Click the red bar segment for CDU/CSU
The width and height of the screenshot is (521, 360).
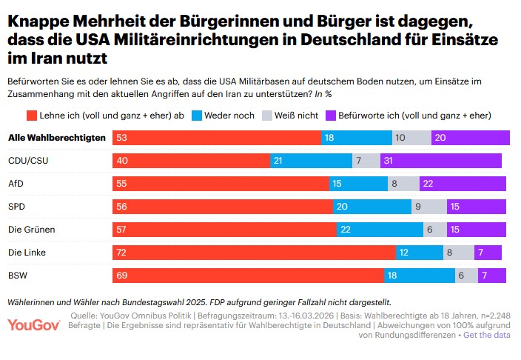(x=191, y=160)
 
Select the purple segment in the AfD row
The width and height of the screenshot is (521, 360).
(x=463, y=183)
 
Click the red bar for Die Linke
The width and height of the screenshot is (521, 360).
(x=254, y=253)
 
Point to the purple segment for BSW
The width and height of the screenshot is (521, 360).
(x=492, y=276)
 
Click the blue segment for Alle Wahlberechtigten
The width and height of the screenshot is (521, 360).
(x=356, y=137)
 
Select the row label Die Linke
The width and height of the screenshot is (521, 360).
(x=27, y=253)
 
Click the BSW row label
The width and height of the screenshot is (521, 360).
(x=18, y=276)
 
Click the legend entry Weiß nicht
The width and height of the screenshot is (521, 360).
(x=295, y=115)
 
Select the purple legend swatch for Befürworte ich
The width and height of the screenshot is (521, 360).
(x=331, y=115)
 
